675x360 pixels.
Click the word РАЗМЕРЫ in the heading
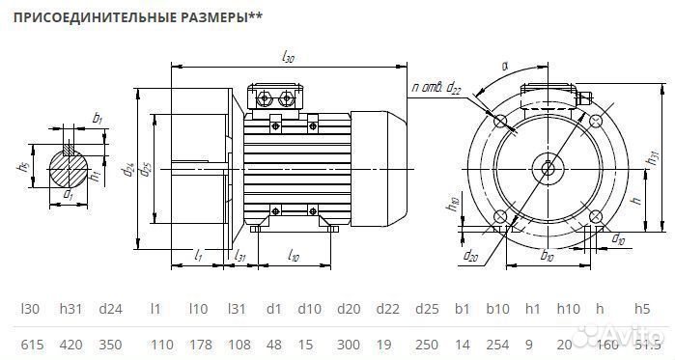coord(211,17)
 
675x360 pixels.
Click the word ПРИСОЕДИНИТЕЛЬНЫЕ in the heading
coord(92,17)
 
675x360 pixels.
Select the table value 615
coord(31,344)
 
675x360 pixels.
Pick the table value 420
coord(70,344)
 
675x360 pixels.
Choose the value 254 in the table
coord(497,344)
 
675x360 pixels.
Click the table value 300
coord(348,344)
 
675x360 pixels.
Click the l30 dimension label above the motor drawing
coord(288,60)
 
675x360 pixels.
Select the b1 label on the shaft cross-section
coord(97,118)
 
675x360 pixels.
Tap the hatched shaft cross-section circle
coord(69,166)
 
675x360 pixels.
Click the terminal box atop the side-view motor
coord(277,97)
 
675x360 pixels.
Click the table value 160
coord(606,344)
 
